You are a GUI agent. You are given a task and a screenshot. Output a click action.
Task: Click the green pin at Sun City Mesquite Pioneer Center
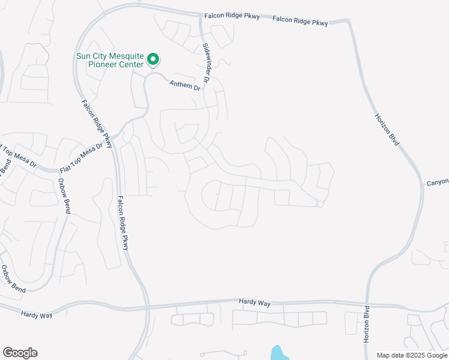[153, 59]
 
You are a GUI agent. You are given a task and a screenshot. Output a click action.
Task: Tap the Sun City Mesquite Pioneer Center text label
[110, 60]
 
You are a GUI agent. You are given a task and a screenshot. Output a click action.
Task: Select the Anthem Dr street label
[184, 86]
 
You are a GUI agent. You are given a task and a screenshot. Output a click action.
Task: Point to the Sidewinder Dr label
[207, 63]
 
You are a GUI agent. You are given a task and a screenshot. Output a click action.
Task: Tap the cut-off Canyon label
[438, 182]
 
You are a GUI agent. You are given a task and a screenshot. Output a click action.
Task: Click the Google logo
[20, 353]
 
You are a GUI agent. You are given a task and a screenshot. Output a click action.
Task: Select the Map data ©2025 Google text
[411, 355]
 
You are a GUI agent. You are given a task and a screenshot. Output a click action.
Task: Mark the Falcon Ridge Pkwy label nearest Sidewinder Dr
[232, 16]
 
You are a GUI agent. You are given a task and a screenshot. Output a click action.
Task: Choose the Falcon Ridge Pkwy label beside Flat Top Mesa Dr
[97, 123]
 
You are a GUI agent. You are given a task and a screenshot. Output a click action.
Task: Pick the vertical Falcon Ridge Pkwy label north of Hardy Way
[123, 223]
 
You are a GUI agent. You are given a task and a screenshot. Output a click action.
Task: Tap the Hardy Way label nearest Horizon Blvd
[255, 303]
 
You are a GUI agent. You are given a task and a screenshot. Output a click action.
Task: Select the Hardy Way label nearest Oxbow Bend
[37, 314]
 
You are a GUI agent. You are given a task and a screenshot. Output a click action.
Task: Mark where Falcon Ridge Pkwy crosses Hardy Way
[146, 307]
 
